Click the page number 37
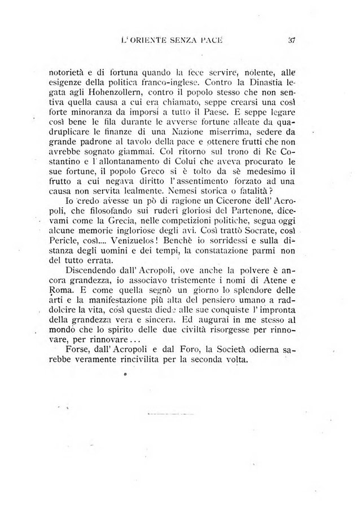292,40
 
